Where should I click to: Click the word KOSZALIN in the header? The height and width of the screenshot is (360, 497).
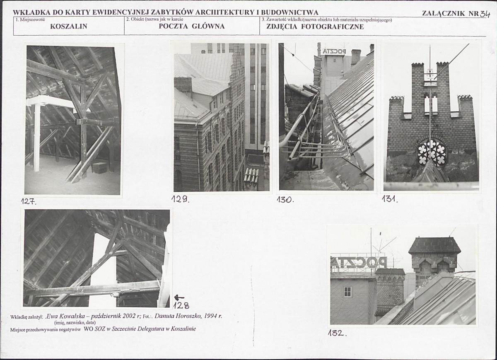pyautogui.click(x=69, y=27)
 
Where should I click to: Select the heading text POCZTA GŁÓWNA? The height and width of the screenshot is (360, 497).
pyautogui.click(x=192, y=26)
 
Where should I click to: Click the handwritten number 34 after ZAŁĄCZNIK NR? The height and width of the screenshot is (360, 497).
pyautogui.click(x=485, y=14)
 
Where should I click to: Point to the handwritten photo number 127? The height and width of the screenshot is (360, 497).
pyautogui.click(x=29, y=201)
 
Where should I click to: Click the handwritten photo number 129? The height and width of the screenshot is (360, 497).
pyautogui.click(x=180, y=199)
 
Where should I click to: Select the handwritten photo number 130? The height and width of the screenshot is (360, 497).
pyautogui.click(x=285, y=200)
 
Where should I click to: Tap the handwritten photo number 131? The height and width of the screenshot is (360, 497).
pyautogui.click(x=390, y=199)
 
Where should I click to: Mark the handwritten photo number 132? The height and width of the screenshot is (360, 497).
pyautogui.click(x=337, y=333)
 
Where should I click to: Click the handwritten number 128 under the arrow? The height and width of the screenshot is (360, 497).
pyautogui.click(x=181, y=306)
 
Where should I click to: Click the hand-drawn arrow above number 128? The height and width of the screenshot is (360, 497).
pyautogui.click(x=179, y=297)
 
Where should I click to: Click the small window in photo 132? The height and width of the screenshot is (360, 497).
pyautogui.click(x=347, y=292)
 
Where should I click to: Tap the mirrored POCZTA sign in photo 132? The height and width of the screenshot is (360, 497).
pyautogui.click(x=359, y=262)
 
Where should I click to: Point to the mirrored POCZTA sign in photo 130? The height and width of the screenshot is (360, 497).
pyautogui.click(x=334, y=51)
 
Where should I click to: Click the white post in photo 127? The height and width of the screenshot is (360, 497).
pyautogui.click(x=36, y=138)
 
